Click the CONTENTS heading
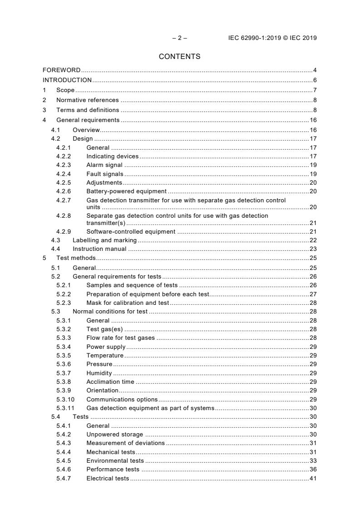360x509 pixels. [179, 57]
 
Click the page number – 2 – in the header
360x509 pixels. [179, 38]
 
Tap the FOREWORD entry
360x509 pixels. [62, 70]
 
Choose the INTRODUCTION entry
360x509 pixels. [67, 80]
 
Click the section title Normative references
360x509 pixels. [87, 100]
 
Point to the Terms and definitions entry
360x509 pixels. [88, 110]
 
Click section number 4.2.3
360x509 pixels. [64, 165]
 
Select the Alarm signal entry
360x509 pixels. [104, 165]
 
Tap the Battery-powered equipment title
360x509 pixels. [126, 191]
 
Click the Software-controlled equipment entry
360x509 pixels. [131, 232]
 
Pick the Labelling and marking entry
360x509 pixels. [105, 240]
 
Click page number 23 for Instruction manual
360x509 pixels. [313, 249]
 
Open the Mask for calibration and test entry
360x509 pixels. [128, 303]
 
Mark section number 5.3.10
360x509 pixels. [65, 400]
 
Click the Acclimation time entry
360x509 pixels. [110, 382]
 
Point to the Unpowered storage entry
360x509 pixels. [114, 435]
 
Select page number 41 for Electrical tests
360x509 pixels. [313, 479]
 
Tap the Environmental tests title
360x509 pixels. [115, 461]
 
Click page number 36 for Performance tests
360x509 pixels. [313, 470]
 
